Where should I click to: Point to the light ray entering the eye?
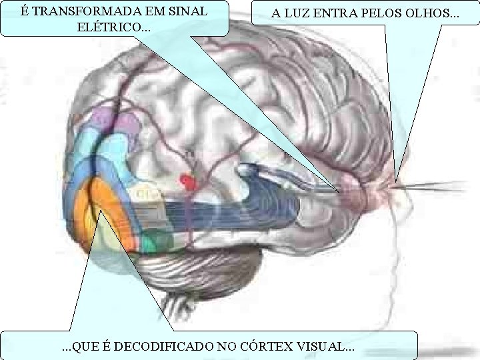(x=433, y=186)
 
